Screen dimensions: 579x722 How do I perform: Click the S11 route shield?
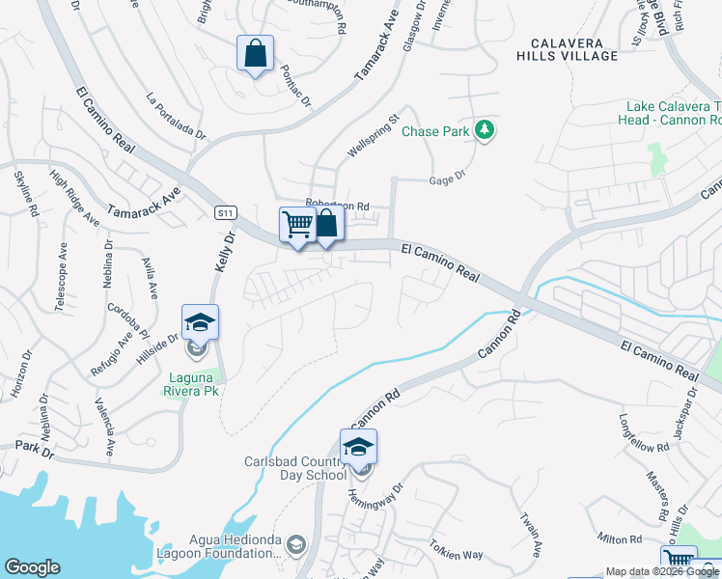pos(225,211)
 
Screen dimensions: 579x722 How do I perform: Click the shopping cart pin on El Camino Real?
pos(297,226)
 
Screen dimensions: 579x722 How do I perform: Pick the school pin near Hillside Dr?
pos(200,323)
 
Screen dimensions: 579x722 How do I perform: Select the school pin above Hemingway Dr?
pos(358,448)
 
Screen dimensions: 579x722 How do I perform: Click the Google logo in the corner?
pos(32,567)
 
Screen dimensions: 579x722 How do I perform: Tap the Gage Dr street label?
pos(446,177)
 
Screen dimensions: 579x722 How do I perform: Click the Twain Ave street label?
pos(531,535)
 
